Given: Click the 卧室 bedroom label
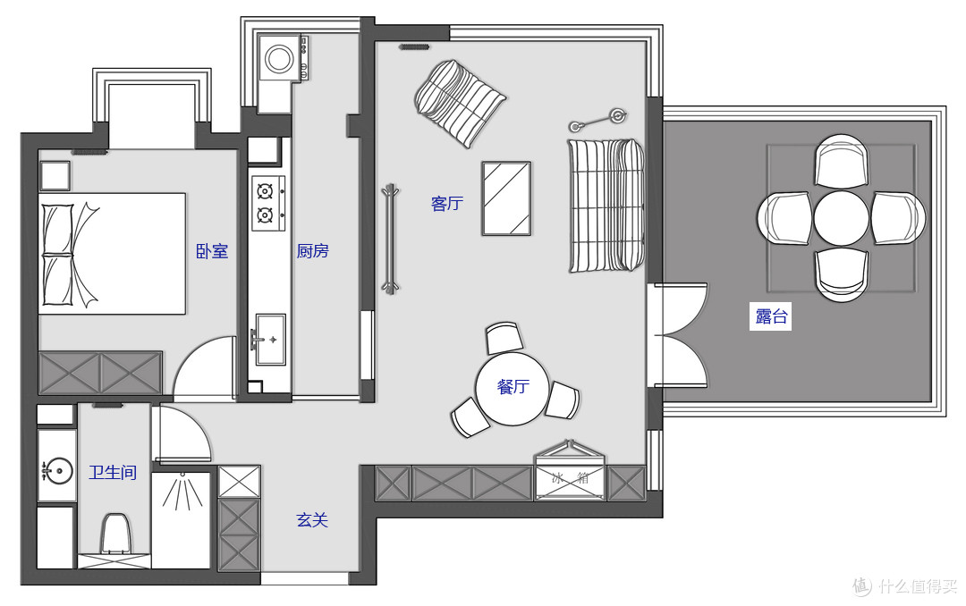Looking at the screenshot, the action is [212, 251].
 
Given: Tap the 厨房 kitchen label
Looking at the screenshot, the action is [313, 251].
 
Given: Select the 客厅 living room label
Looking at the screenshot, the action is [447, 203].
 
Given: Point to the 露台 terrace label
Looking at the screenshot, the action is [771, 316].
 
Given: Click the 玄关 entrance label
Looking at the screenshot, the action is [312, 520].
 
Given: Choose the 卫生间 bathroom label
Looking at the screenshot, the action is [113, 472].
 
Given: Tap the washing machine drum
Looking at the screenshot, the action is [280, 59].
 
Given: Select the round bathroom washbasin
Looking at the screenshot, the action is [56, 471].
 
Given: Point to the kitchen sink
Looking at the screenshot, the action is [270, 340].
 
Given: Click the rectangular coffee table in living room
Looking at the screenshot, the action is [506, 198].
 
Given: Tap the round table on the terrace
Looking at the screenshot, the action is [842, 218].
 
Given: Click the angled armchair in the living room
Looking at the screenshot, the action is [460, 103].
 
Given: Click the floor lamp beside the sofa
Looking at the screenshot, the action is [597, 120].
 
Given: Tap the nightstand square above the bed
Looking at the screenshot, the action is [55, 176].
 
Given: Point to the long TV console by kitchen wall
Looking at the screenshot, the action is [390, 239].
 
